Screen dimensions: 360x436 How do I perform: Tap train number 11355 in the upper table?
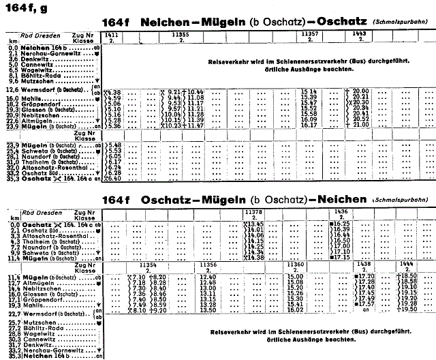[x=181, y=34]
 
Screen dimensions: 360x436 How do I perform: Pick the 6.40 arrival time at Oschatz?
[x=114, y=179]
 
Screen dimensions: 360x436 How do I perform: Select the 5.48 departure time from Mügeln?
[x=114, y=145]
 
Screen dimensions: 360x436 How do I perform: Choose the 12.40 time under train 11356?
[x=208, y=275]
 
